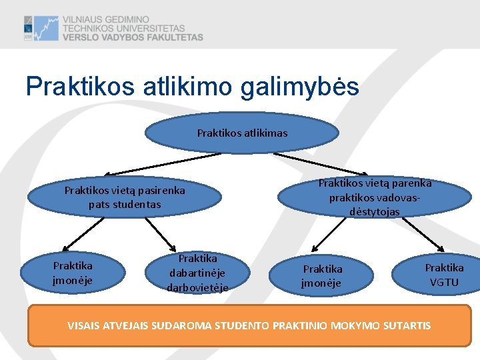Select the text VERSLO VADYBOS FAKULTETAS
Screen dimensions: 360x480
tap(133, 38)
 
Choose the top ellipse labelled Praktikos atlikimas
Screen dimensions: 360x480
tap(242, 133)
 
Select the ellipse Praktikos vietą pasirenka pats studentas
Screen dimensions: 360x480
tap(125, 197)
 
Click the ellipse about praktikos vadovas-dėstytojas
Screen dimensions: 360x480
tap(374, 197)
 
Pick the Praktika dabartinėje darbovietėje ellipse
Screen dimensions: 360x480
tap(197, 273)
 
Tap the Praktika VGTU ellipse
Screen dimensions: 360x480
tap(444, 275)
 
